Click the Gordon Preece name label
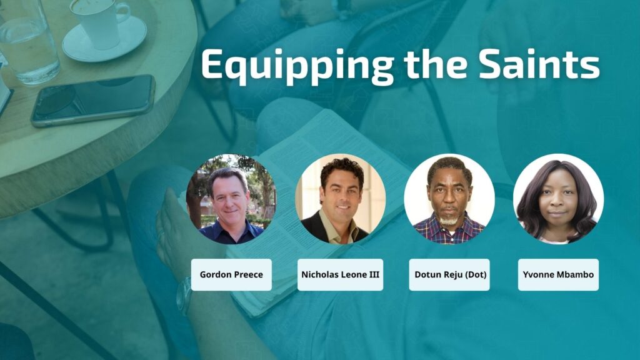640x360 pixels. tap(231, 275)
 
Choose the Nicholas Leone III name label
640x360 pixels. tap(340, 275)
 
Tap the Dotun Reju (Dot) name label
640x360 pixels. tap(449, 275)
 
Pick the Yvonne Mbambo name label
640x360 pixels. tap(558, 275)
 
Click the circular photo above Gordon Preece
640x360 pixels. tap(231, 199)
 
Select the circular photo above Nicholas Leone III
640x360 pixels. tap(341, 199)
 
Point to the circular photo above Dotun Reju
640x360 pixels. tap(449, 199)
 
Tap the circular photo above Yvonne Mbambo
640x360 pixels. tap(558, 199)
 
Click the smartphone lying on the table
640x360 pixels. tap(93, 101)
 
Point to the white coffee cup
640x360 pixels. tap(99, 22)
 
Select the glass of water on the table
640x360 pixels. tap(29, 41)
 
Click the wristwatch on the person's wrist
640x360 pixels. tap(184, 296)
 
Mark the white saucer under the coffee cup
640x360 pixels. tap(104, 39)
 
